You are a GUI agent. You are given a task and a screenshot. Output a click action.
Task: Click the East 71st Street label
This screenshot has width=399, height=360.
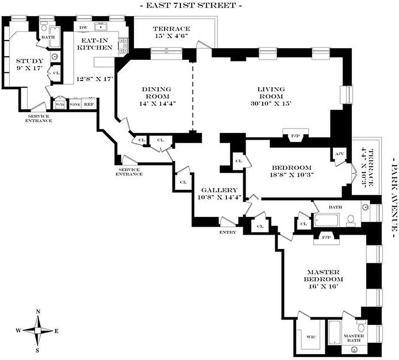(191, 6)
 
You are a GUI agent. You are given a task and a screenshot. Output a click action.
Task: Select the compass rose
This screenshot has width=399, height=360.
(38, 330)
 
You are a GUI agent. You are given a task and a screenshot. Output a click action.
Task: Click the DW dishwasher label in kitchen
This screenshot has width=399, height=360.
(83, 27)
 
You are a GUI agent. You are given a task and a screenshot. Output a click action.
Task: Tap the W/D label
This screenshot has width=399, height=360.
(59, 104)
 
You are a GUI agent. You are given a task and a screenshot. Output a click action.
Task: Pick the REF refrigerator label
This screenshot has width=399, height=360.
(89, 104)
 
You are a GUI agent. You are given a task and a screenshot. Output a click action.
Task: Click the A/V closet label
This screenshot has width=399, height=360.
(339, 154)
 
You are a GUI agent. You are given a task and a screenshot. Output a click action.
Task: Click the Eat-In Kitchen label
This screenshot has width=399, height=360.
(94, 43)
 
